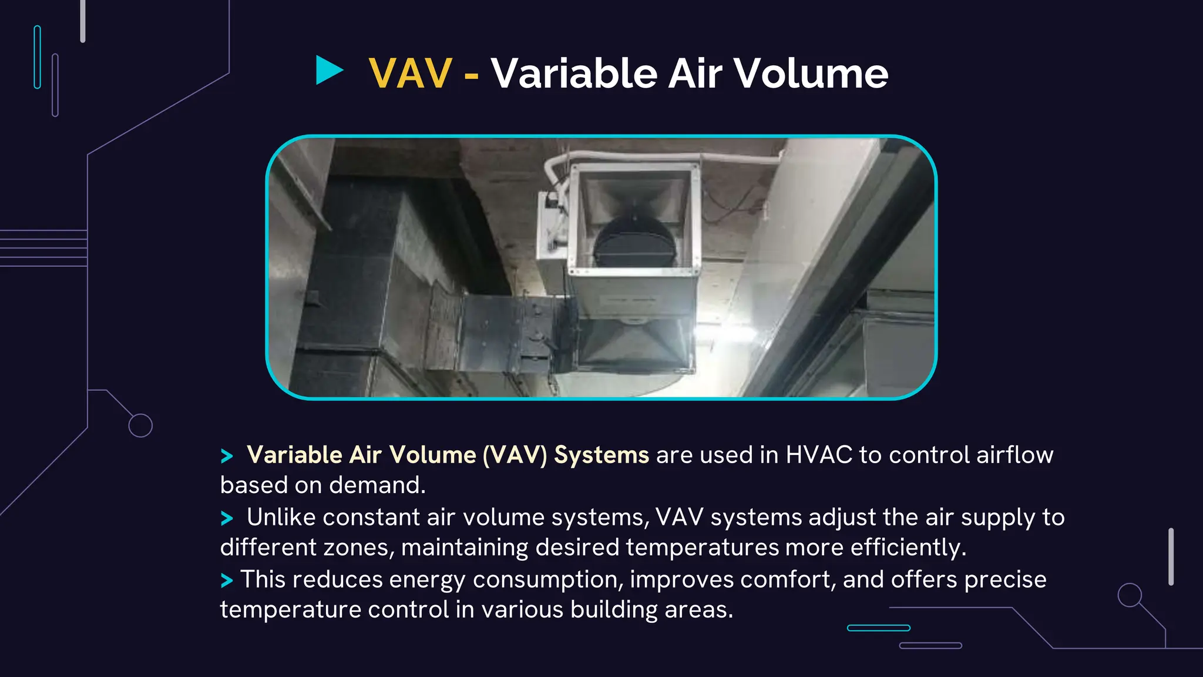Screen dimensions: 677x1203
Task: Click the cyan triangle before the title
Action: coord(328,71)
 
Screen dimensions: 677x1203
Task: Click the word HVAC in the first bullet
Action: coord(819,455)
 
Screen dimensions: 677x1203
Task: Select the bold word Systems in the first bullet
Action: coord(601,455)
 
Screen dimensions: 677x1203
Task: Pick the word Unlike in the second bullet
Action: coord(281,518)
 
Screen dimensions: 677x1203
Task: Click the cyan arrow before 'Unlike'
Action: coord(227,518)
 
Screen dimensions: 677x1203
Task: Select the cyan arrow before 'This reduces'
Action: coord(227,581)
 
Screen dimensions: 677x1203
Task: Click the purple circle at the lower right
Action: coord(1129,595)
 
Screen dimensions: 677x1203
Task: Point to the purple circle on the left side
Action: coord(140,425)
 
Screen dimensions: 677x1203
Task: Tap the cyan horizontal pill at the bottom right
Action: coord(878,628)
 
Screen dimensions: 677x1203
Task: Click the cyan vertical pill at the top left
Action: coord(38,57)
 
